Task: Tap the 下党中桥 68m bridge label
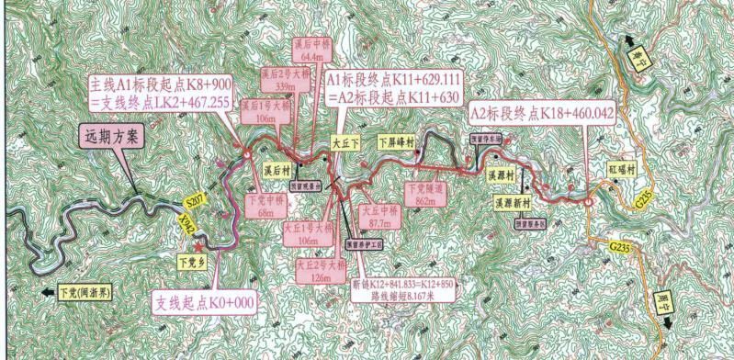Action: pos(265,205)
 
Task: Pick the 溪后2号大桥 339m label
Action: pos(280,81)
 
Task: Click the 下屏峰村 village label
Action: pos(398,143)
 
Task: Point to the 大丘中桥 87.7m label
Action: pos(377,216)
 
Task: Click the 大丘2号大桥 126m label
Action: pos(318,270)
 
